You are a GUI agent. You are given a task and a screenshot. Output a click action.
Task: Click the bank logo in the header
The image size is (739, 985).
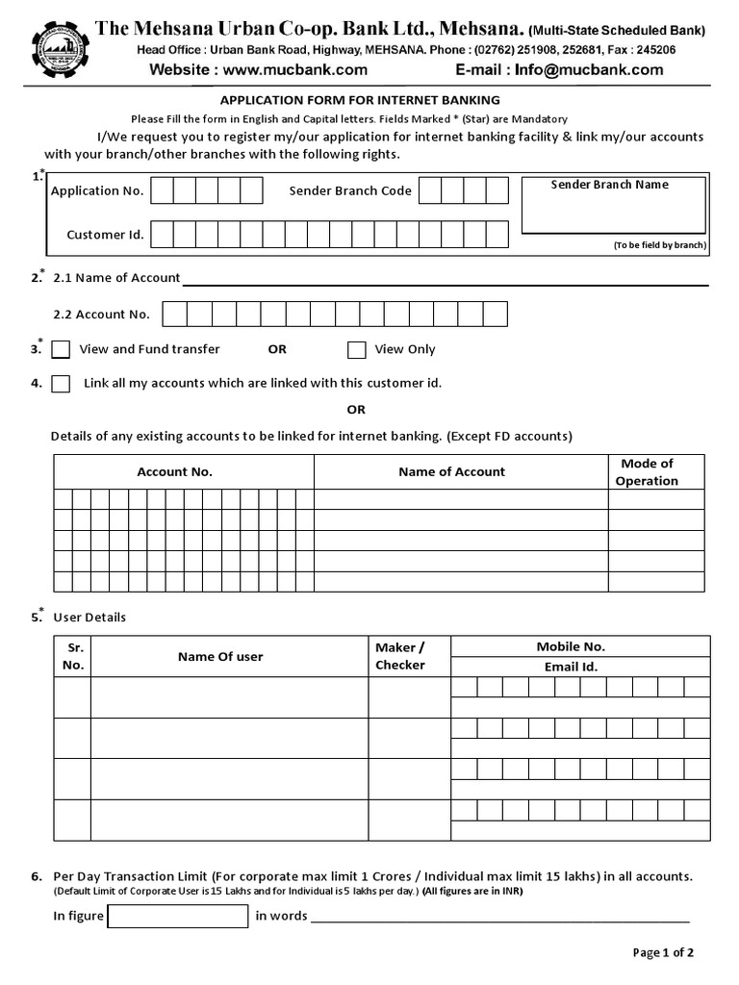click(61, 49)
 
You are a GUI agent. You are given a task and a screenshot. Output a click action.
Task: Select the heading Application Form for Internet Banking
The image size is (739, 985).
click(361, 100)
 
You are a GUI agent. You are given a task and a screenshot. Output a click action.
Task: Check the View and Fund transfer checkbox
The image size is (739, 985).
click(61, 349)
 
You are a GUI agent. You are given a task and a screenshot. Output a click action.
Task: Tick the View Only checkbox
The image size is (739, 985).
click(357, 349)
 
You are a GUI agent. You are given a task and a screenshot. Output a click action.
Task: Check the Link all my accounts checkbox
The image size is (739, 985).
click(61, 384)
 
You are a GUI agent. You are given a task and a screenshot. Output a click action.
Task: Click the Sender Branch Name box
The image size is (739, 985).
click(615, 210)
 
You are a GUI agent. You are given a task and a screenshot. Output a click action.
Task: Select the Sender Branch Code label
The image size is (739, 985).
click(350, 190)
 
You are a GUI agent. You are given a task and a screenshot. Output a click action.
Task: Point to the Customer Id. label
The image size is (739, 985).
click(105, 235)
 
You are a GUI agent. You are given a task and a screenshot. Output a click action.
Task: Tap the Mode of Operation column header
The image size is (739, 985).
click(647, 472)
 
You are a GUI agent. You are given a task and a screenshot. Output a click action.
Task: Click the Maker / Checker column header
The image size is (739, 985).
click(399, 656)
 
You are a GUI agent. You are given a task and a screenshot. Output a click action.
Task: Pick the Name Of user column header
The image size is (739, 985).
click(220, 656)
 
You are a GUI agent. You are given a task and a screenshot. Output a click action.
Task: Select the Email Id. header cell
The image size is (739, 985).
click(571, 667)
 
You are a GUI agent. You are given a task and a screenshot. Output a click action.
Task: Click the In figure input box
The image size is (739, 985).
click(178, 916)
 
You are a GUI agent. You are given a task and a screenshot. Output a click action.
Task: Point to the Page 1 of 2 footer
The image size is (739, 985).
click(663, 952)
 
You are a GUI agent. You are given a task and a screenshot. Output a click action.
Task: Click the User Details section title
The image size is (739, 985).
click(89, 617)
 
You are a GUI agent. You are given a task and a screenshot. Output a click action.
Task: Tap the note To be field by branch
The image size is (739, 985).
click(660, 245)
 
